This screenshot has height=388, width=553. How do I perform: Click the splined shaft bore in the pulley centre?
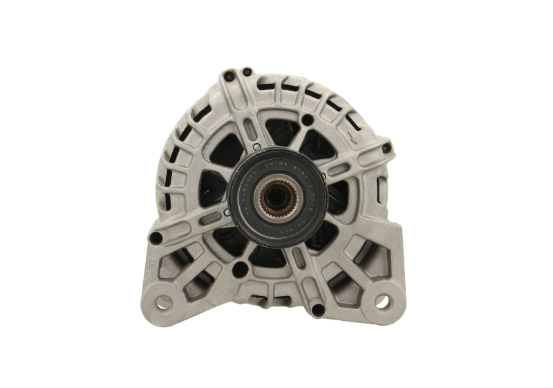coord(276,199)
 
